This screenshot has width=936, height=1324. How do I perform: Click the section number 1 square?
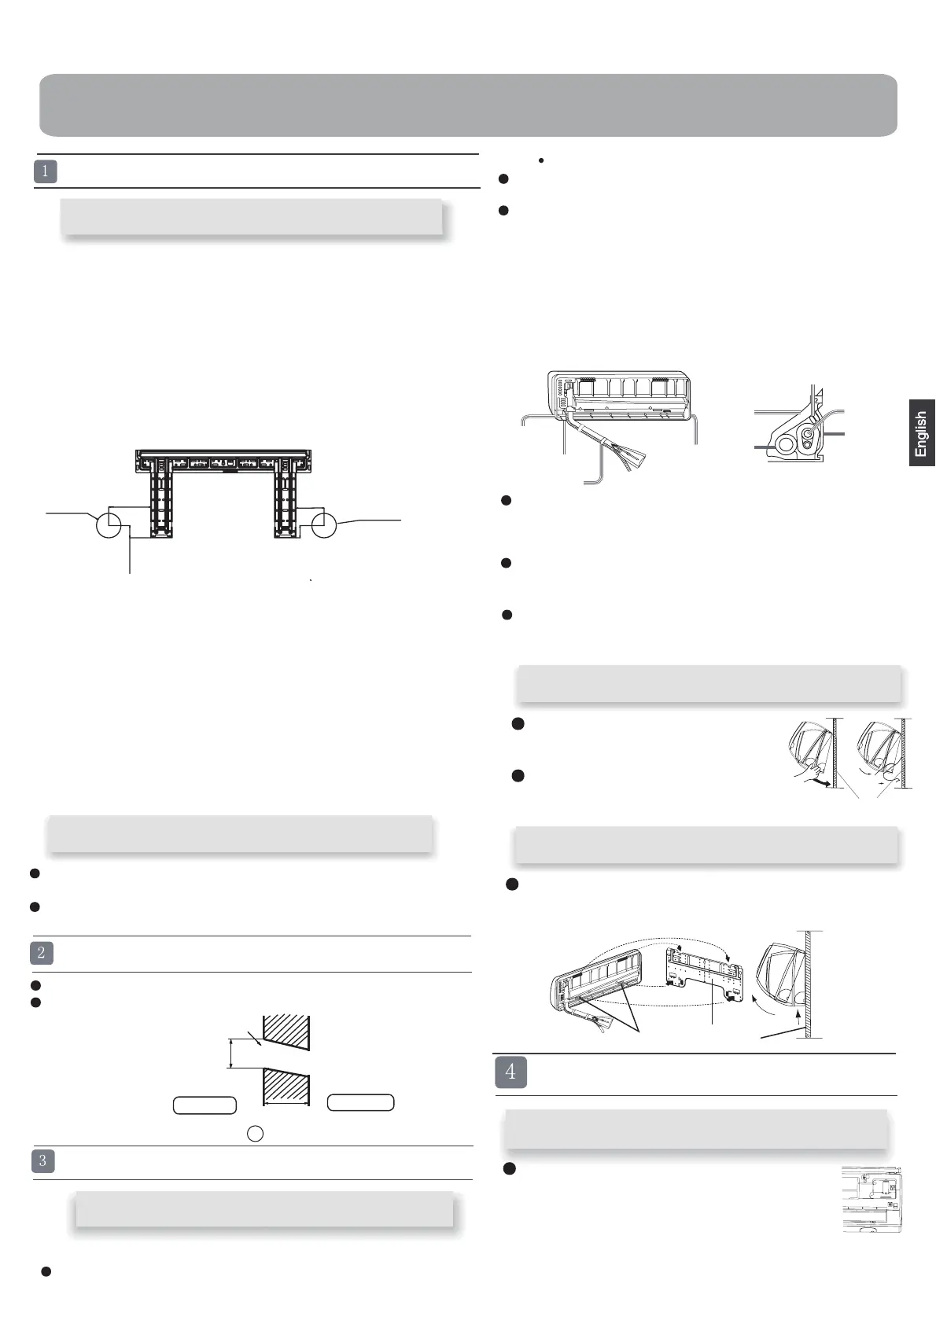point(46,171)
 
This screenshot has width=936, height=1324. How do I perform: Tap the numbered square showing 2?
point(42,953)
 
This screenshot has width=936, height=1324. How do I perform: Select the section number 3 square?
point(43,1161)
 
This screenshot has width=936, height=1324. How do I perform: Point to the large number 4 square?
point(510,1072)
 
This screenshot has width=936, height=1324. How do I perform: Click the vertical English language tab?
point(922,433)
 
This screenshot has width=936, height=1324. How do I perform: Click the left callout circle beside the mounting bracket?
point(109,525)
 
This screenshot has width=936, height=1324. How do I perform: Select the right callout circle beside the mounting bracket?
point(324,525)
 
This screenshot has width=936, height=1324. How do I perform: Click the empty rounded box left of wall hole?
point(205,1105)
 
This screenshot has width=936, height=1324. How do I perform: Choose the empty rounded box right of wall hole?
point(360,1101)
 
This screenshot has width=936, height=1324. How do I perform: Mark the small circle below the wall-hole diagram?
point(255,1133)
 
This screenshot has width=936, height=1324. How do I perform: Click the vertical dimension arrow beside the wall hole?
point(230,1053)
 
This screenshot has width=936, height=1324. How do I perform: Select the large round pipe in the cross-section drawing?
point(785,444)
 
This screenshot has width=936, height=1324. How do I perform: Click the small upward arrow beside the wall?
point(798,1020)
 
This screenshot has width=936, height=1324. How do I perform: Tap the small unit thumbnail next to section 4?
point(872,1198)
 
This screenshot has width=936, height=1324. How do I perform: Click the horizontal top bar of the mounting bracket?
point(223,454)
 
